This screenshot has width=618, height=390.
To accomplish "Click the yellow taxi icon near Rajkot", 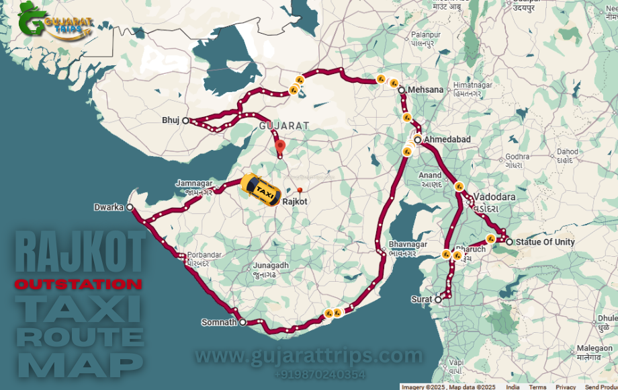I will point(261,189).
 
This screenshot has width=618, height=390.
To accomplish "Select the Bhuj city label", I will point(171,120).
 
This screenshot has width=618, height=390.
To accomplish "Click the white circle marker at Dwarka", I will point(130,207).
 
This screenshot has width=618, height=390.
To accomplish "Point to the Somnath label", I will point(219,323).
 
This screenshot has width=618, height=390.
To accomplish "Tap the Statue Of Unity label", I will point(545,242).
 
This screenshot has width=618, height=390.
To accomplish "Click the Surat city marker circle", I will point(437,299).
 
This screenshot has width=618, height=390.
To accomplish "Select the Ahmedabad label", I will point(447,139).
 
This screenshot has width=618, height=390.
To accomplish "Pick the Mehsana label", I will point(425,89).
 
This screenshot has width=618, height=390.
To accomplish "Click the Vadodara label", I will point(494,197).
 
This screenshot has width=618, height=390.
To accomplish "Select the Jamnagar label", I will point(194,183).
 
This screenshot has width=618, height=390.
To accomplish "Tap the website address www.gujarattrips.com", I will point(309,355).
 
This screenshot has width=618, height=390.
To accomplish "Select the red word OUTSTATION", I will point(78,284).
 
